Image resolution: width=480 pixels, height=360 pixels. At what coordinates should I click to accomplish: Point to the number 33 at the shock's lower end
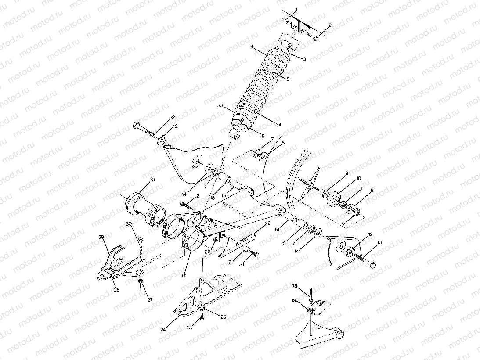[x=220, y=105]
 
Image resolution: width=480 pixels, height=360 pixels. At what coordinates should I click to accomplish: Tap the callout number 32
[x=172, y=118]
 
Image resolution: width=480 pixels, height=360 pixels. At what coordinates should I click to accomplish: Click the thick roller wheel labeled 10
[x=337, y=200]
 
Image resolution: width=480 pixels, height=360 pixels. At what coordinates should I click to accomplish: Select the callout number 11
[x=362, y=187]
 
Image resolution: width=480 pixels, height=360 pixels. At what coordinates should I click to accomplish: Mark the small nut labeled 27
[x=140, y=281]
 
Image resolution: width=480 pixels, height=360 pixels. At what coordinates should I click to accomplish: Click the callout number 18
[x=295, y=286]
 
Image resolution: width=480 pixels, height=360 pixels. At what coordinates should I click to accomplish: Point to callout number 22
[x=267, y=223]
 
